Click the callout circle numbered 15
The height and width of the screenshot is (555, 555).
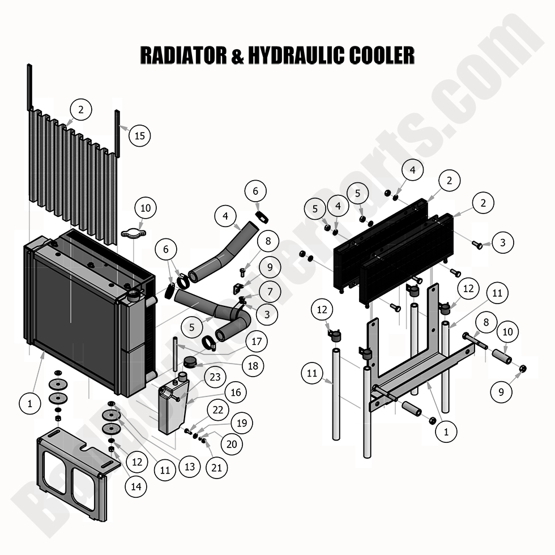(140, 135)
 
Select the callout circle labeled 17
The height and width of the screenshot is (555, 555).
(257, 341)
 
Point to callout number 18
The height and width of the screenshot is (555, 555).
(253, 366)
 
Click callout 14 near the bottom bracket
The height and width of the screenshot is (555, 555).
(136, 485)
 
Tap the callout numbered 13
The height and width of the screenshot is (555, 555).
(189, 467)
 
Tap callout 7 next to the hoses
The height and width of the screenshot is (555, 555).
(270, 292)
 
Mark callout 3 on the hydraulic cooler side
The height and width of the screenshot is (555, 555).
(502, 242)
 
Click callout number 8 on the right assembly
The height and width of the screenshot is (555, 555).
(485, 323)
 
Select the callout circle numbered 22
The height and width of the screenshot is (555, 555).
(218, 409)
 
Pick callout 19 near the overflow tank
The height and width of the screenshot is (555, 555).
(242, 423)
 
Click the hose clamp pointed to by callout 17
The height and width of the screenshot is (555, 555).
(208, 343)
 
